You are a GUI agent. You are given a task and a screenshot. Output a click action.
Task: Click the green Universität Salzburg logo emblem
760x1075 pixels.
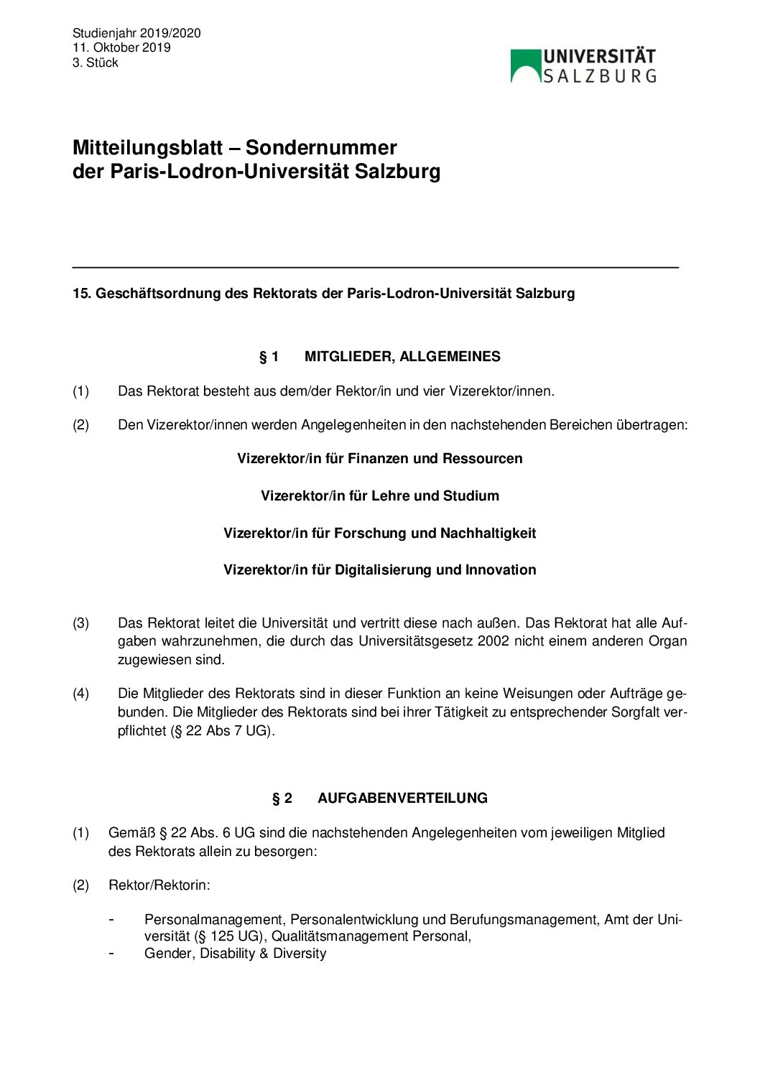pyautogui.click(x=526, y=65)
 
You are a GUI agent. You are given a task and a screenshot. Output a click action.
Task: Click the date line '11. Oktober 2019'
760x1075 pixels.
pyautogui.click(x=121, y=47)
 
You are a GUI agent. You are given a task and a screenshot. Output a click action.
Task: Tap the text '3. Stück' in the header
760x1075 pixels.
pyautogui.click(x=95, y=62)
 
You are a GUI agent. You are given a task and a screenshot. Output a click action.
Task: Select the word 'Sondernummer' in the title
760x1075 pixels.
pyautogui.click(x=321, y=148)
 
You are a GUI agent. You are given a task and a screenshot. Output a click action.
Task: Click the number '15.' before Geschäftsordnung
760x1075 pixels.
pyautogui.click(x=81, y=294)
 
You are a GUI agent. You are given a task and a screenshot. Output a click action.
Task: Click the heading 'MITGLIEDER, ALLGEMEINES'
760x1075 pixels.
pyautogui.click(x=402, y=357)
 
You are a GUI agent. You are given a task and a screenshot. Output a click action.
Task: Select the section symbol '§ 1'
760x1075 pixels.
pyautogui.click(x=269, y=357)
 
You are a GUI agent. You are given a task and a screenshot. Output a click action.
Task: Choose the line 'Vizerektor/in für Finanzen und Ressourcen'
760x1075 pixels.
pyautogui.click(x=379, y=459)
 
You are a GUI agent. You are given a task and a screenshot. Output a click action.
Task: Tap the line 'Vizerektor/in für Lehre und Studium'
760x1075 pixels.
pyautogui.click(x=379, y=496)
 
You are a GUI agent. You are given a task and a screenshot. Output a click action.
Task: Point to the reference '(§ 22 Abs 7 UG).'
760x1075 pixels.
pyautogui.click(x=223, y=732)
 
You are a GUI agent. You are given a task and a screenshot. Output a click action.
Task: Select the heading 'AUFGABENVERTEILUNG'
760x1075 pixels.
pyautogui.click(x=402, y=799)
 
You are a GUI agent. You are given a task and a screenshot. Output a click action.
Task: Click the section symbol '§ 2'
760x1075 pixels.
pyautogui.click(x=282, y=799)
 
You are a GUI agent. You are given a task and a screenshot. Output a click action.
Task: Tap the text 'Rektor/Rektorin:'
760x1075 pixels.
pyautogui.click(x=159, y=885)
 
